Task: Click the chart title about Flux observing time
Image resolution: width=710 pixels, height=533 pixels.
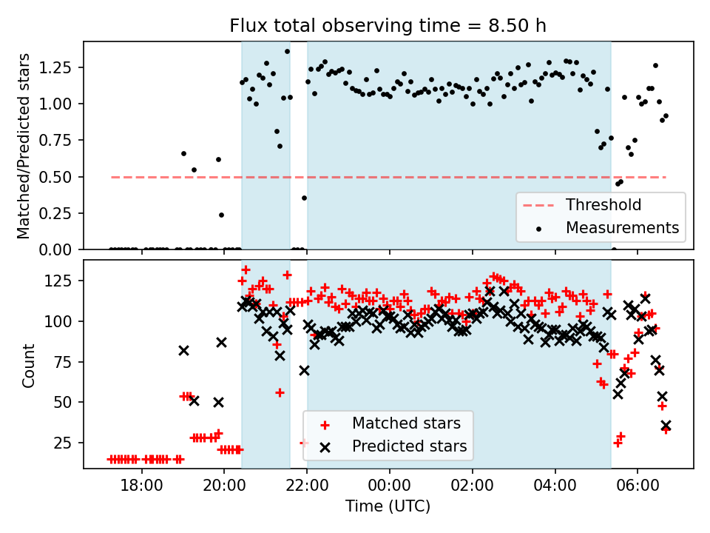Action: pos(388,26)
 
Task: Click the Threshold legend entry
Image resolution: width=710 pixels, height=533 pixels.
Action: pos(603,205)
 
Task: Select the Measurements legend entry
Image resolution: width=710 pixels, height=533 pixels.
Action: pos(622,228)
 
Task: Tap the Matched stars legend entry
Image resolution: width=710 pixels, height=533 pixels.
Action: pos(406,423)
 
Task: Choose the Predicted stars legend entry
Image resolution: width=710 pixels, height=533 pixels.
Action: pos(409,446)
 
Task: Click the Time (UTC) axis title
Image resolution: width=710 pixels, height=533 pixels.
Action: pos(388,506)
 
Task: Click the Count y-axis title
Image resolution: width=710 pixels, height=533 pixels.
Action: pos(29,365)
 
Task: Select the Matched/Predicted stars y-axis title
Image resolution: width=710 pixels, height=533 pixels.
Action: pos(24,146)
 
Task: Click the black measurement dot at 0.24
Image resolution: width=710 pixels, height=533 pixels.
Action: pos(221,215)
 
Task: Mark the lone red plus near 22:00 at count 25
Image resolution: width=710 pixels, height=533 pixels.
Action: pos(303,443)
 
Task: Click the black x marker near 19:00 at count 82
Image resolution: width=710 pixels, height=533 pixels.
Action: pos(183,350)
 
